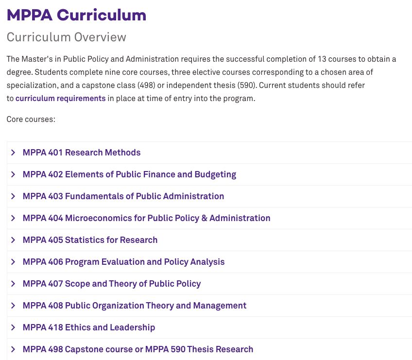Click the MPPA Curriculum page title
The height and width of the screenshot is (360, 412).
click(76, 15)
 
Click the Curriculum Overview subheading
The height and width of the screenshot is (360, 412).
click(66, 37)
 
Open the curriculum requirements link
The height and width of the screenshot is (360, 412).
click(60, 98)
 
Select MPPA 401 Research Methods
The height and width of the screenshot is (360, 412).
click(81, 153)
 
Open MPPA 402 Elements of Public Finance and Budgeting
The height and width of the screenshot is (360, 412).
click(129, 174)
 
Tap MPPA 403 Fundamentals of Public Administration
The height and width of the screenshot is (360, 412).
click(123, 196)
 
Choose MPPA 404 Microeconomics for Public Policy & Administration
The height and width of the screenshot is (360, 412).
click(146, 218)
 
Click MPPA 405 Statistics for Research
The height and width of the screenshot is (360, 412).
click(90, 240)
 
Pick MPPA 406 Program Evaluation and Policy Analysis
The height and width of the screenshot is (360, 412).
click(123, 262)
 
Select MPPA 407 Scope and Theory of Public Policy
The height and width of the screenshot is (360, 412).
click(111, 284)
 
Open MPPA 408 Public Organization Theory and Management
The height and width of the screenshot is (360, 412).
click(134, 306)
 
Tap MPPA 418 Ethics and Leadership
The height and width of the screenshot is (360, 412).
click(88, 327)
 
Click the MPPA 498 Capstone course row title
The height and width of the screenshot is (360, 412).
click(137, 349)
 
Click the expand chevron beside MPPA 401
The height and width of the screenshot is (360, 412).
click(13, 153)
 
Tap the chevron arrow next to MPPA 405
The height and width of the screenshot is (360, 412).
click(13, 240)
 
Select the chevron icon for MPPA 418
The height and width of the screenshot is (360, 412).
click(13, 327)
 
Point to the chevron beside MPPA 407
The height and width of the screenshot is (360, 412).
click(13, 284)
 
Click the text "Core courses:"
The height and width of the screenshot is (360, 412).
click(31, 119)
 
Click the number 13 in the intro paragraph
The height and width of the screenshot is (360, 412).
click(322, 59)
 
